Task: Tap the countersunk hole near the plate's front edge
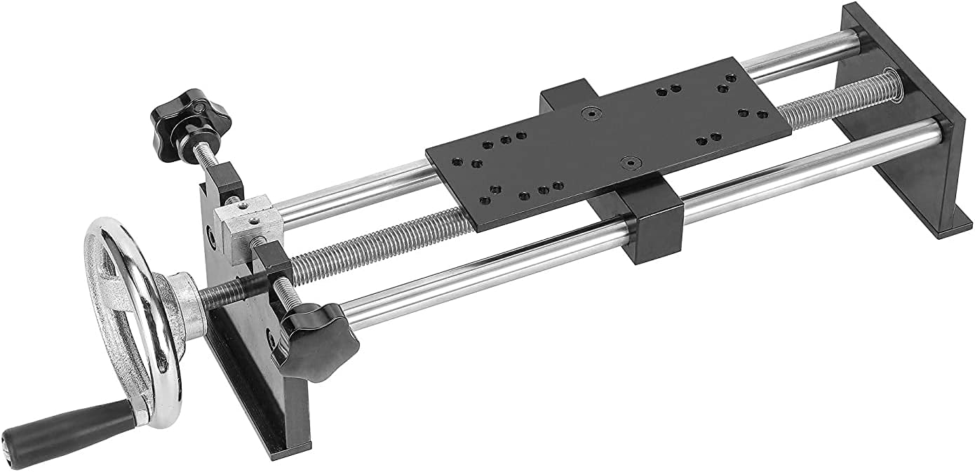630,162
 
